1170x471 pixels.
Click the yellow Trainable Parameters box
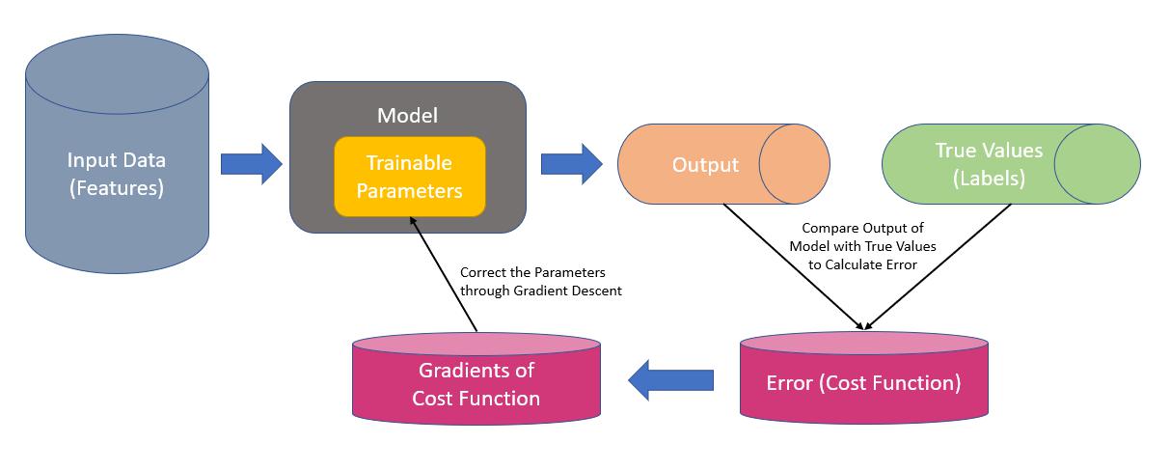410,177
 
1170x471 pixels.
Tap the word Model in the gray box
407,116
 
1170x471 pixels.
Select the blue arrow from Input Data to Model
252,164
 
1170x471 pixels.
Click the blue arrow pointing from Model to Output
572,164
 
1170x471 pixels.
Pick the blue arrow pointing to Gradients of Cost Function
670,380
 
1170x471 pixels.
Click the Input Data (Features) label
117,174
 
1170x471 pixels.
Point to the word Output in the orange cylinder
705,165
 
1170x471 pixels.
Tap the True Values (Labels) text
989,164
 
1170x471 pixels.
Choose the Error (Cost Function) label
863,383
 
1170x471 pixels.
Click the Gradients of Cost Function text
476,384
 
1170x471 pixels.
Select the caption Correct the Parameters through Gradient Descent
540,281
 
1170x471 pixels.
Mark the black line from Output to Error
793,266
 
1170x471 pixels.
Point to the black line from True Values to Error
939,266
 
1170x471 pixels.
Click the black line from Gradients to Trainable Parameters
444,274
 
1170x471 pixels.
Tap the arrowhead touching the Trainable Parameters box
413,221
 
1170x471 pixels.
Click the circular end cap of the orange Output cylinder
795,164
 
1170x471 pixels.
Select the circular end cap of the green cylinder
1098,164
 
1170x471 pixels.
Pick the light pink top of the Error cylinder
864,343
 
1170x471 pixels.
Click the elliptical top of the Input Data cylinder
117,74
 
